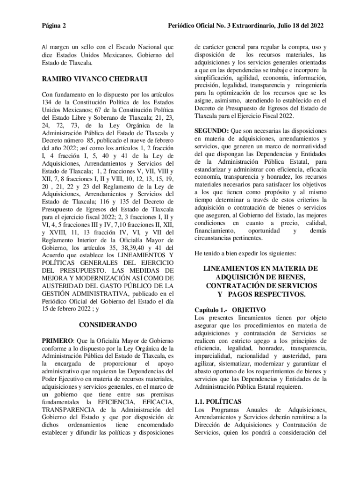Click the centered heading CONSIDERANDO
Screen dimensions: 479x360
pyautogui.click(x=108, y=324)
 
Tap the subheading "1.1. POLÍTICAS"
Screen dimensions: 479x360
pyautogui.click(x=217, y=402)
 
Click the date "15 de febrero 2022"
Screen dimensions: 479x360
pyautogui.click(x=68, y=308)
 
